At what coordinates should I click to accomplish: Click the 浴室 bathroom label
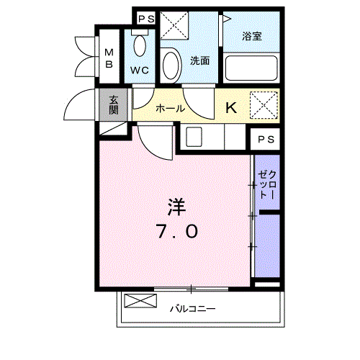[251, 37]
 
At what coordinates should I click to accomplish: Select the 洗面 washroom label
[199, 61]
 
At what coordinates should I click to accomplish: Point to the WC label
[140, 71]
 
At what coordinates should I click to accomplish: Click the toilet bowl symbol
[140, 47]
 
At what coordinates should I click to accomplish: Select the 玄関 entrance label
[114, 105]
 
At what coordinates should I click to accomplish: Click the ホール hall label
[170, 109]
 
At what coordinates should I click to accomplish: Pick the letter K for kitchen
[231, 108]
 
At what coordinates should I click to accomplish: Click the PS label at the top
[145, 19]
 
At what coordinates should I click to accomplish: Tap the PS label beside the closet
[265, 139]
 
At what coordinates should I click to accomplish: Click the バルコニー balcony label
[192, 310]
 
